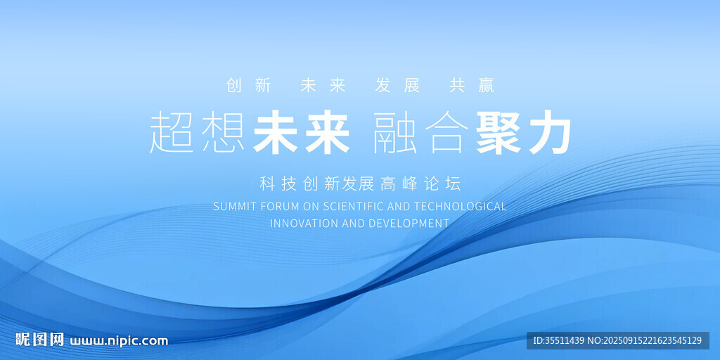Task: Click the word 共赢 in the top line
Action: (472, 86)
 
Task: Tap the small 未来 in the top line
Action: (323, 86)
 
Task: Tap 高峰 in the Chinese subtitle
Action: (399, 184)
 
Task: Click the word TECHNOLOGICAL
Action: (461, 207)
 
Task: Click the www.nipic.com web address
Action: (118, 341)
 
